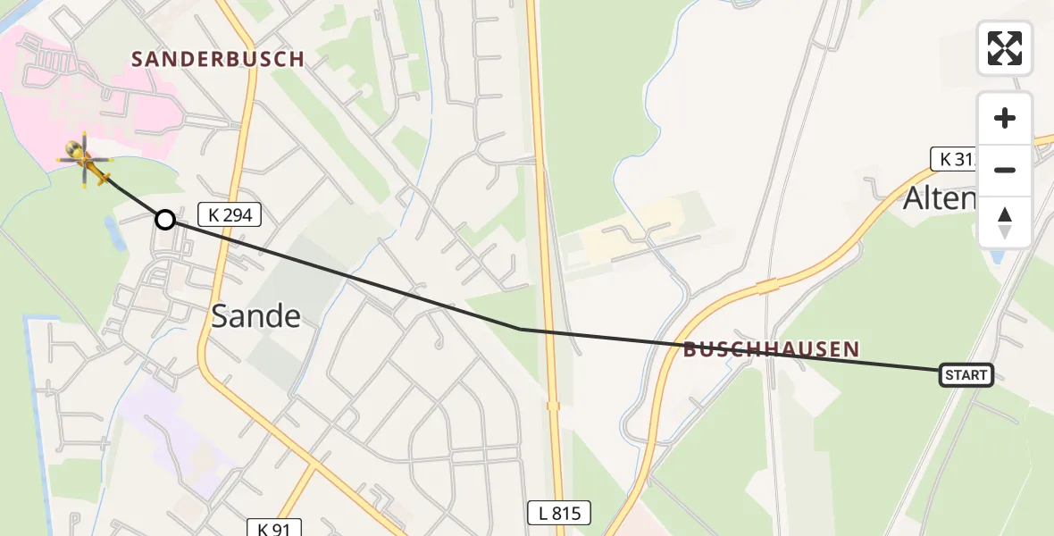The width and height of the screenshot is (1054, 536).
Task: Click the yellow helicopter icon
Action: click(x=85, y=160)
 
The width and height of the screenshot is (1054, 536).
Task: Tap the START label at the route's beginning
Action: click(x=966, y=375)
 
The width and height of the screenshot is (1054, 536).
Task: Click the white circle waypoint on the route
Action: click(x=165, y=219)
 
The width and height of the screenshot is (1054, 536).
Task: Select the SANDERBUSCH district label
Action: click(x=218, y=59)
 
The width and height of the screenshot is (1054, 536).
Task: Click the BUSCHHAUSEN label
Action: click(x=771, y=349)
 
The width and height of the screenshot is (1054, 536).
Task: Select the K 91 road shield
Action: click(x=274, y=528)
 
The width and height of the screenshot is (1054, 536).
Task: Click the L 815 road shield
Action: click(x=554, y=513)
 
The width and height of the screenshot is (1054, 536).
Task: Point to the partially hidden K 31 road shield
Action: click(x=953, y=159)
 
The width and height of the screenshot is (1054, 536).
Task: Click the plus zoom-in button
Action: click(x=1005, y=118)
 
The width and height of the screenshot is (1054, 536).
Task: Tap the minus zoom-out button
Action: click(x=1005, y=170)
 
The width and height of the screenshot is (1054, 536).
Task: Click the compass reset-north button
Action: click(x=1005, y=222)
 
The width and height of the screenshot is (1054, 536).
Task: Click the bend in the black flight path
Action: click(x=519, y=329)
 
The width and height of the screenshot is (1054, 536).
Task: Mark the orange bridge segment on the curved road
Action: click(x=769, y=286)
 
